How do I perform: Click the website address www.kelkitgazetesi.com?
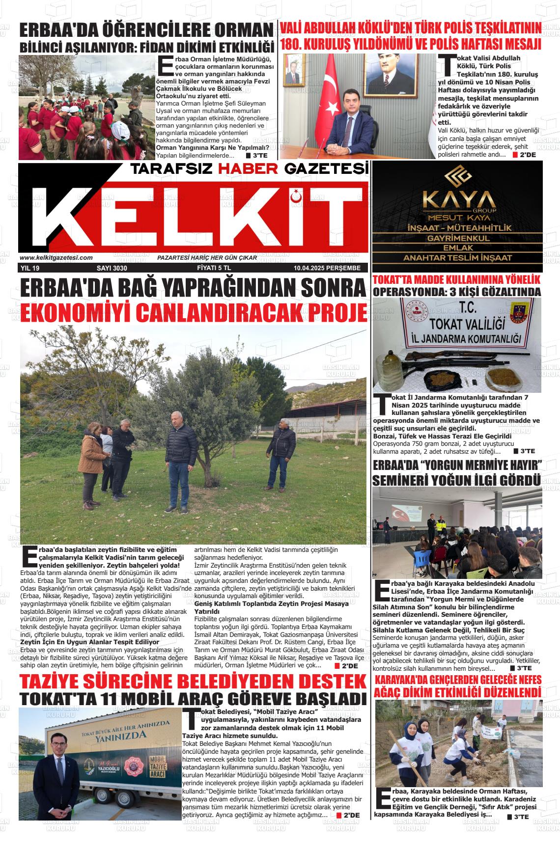pyautogui.click(x=56, y=257)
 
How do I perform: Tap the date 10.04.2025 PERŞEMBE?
pyautogui.click(x=327, y=268)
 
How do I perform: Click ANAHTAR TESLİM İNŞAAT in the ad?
pyautogui.click(x=457, y=258)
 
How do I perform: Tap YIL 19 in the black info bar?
pyautogui.click(x=30, y=268)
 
